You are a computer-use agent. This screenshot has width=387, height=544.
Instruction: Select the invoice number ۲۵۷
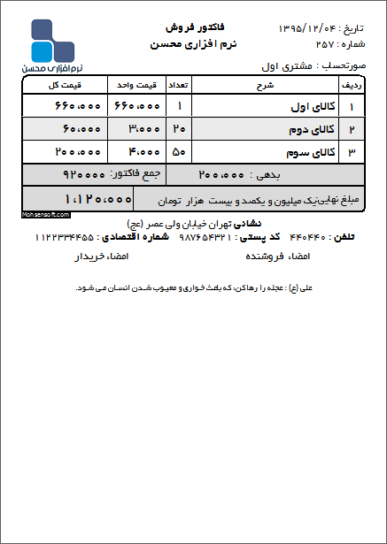pos(326,43)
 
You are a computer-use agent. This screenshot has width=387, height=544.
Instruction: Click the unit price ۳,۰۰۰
pos(137,129)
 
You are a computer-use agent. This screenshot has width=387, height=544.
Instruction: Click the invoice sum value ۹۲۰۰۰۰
pos(85,173)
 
